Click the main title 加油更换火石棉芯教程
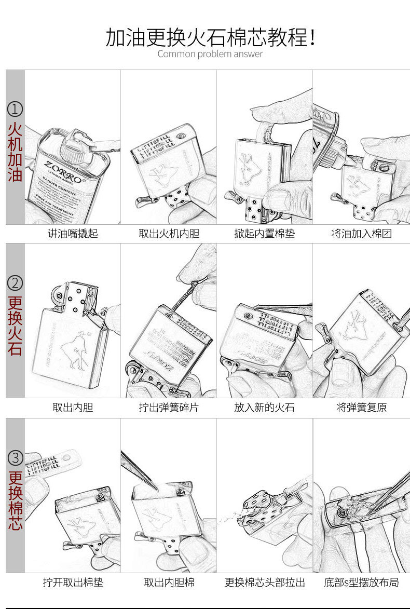(x=210, y=37)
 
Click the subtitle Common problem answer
(x=210, y=54)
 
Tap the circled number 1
(x=15, y=109)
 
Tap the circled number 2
(x=15, y=283)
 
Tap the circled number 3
(x=15, y=458)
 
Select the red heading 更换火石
(x=15, y=326)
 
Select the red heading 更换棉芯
(x=15, y=500)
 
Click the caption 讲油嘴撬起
(x=73, y=234)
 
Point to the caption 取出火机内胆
(x=169, y=234)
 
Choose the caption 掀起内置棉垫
(x=264, y=234)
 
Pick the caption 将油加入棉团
(x=361, y=234)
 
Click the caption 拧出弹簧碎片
(x=169, y=408)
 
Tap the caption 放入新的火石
(x=264, y=408)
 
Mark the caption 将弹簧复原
(x=361, y=408)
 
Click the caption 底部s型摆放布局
(x=361, y=583)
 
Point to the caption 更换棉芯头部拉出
(x=264, y=583)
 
